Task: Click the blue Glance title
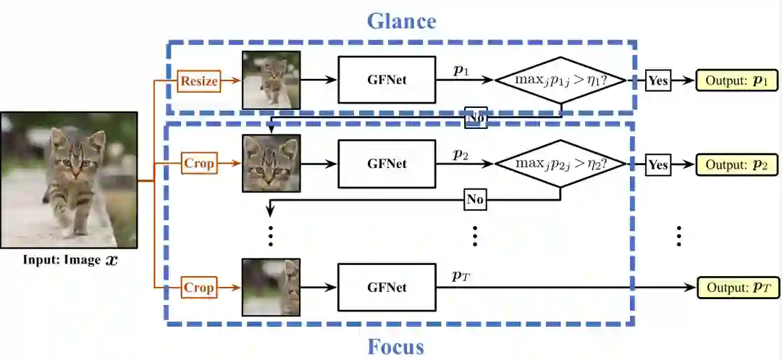click(401, 20)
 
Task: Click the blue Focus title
click(395, 346)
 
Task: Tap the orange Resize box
click(198, 81)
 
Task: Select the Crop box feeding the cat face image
click(198, 164)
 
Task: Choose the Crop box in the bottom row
click(198, 288)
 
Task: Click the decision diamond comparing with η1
click(560, 80)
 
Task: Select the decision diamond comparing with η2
click(560, 164)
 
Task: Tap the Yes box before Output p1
click(657, 80)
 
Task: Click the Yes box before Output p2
click(657, 164)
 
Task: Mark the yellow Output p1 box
click(736, 80)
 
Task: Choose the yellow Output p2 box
click(736, 164)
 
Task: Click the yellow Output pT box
click(736, 288)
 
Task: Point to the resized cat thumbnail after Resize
click(271, 80)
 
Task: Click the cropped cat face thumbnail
click(271, 164)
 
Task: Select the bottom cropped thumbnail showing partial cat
click(271, 288)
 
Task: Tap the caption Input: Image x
click(70, 259)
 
